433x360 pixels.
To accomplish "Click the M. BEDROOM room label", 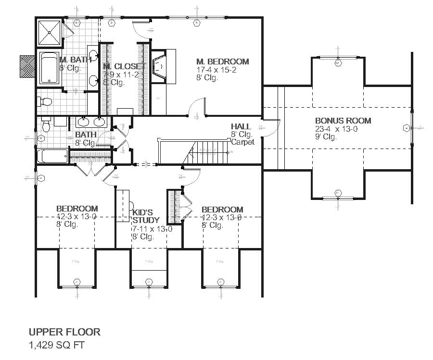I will [x=223, y=62].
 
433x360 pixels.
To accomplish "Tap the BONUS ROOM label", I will [x=343, y=121].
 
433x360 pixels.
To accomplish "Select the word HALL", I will [x=241, y=126].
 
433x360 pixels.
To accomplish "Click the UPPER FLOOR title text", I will [x=64, y=332].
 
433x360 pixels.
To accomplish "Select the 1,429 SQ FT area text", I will [x=57, y=345].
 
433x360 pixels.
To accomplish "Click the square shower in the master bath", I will [x=49, y=33].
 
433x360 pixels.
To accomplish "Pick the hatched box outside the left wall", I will [x=27, y=66].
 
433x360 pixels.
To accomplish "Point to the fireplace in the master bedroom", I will [x=160, y=65].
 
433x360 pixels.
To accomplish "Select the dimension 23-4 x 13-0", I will [x=343, y=129].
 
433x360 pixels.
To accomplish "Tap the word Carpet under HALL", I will [x=242, y=142].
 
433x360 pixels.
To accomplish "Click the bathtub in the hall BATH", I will [x=52, y=156].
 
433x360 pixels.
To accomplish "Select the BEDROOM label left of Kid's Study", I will [x=77, y=209].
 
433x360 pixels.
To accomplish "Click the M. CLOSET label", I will [x=123, y=66].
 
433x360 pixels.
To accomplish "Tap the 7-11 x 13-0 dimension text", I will [x=152, y=229].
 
